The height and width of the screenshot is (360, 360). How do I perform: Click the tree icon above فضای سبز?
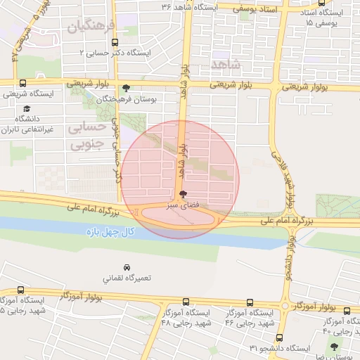point(184,194)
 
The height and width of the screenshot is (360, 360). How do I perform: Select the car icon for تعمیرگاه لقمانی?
point(127,268)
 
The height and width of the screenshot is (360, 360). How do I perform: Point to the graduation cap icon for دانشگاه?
point(27,109)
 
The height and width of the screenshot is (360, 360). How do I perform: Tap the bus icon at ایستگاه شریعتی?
point(23,83)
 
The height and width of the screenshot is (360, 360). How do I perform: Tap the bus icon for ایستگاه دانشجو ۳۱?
point(280,338)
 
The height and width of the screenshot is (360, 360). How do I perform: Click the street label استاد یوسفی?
point(258,8)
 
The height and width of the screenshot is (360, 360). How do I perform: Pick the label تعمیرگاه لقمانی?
point(127,279)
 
